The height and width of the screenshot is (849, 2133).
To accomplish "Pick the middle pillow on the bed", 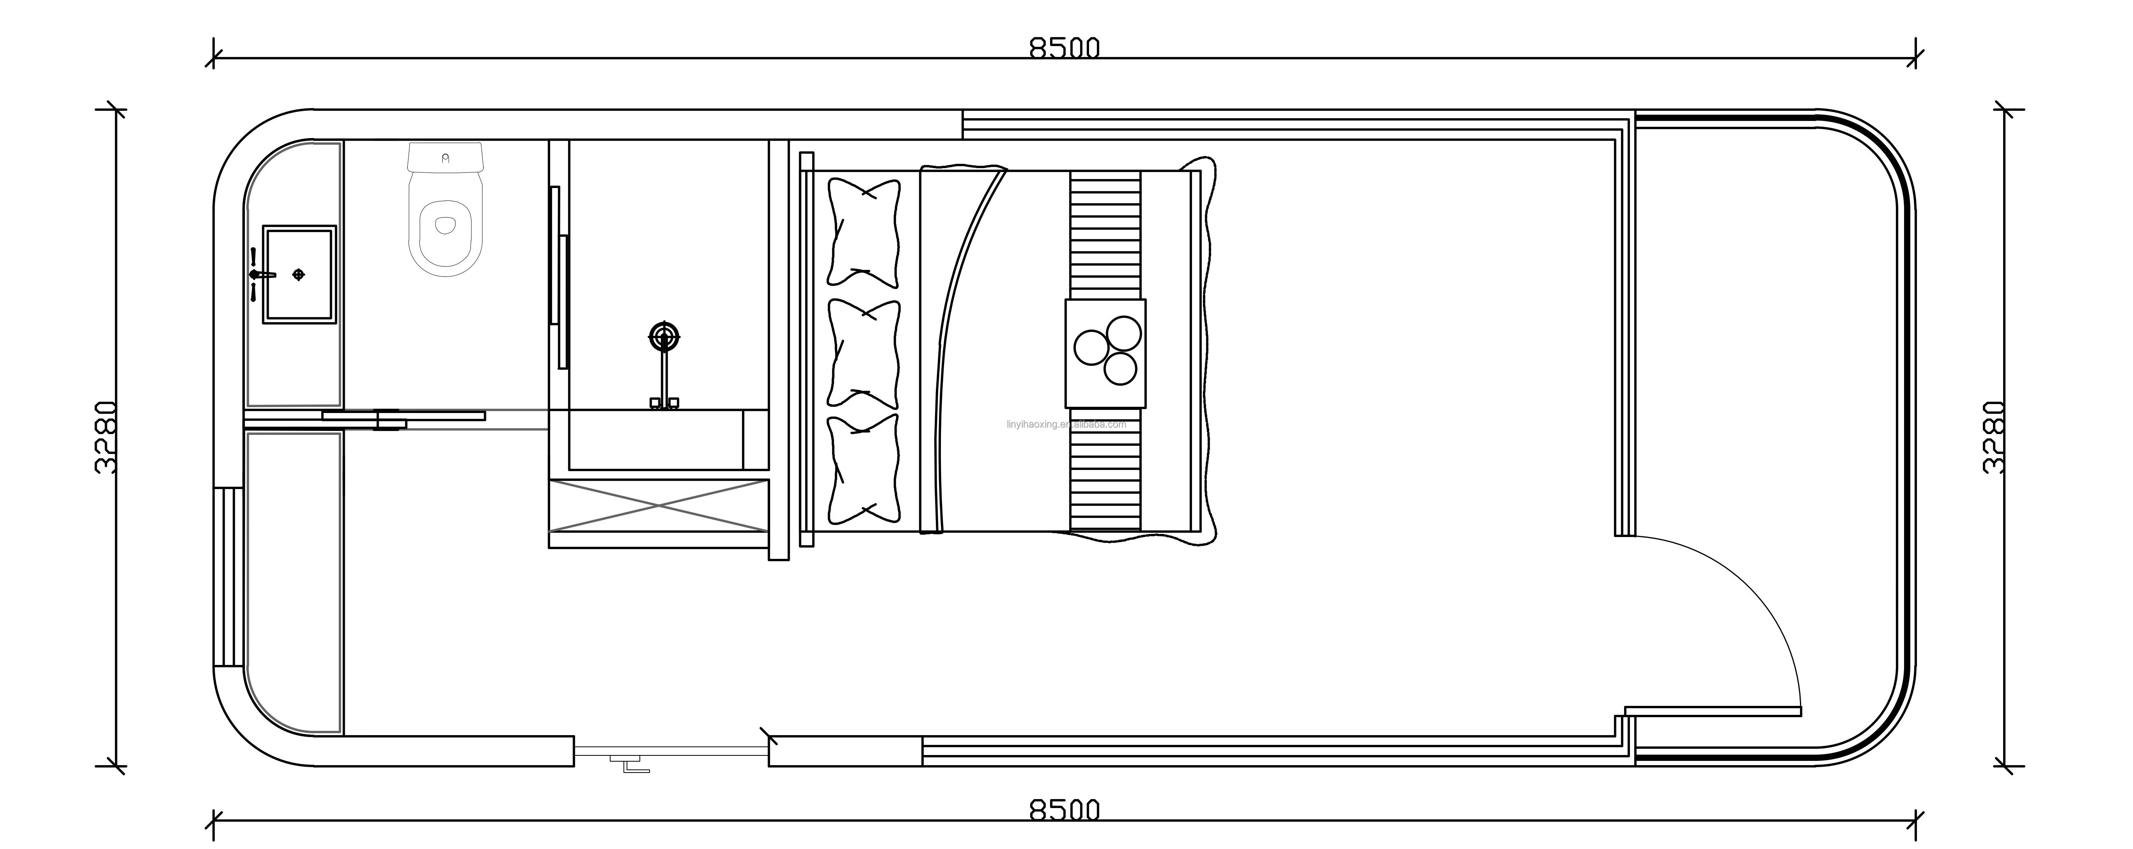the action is (864, 354).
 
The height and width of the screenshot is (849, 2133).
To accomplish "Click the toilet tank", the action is (445, 156).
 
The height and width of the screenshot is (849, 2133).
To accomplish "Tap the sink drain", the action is (299, 274).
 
